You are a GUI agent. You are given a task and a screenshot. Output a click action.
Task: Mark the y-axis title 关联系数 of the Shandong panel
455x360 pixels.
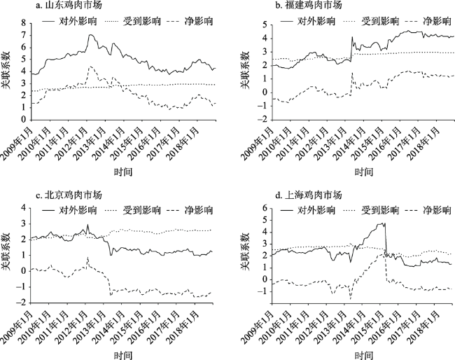click(x=8, y=69)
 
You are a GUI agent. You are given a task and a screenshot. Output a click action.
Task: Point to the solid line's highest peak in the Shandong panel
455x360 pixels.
click(x=91, y=34)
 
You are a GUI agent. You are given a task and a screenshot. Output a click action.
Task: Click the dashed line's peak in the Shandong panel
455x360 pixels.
click(x=91, y=67)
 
